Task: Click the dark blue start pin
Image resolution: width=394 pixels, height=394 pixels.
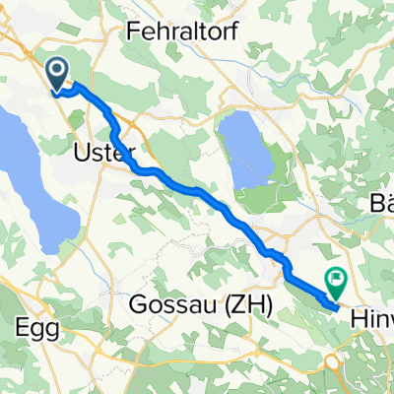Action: coord(58,73)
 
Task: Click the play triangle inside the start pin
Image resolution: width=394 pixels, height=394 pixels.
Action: coord(58,70)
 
